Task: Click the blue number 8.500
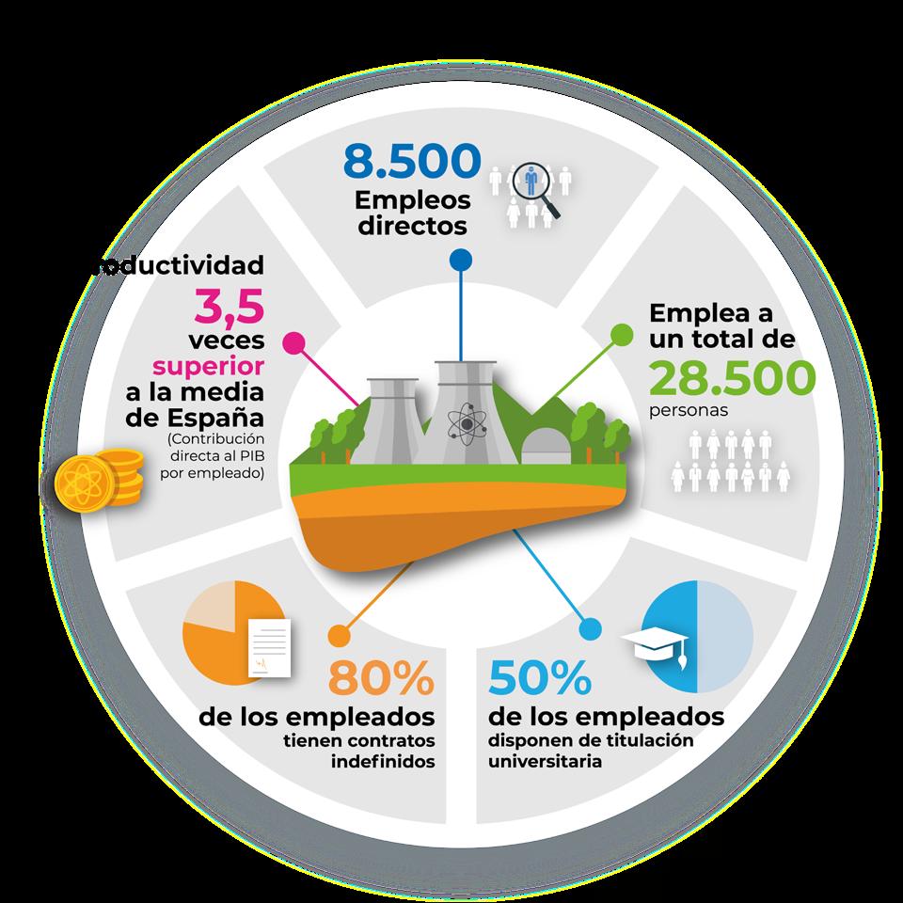click(x=412, y=161)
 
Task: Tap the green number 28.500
click(x=733, y=378)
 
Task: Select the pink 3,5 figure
click(x=230, y=306)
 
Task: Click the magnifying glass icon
click(x=538, y=187)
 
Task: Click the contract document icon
click(x=267, y=648)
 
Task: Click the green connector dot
click(x=621, y=334)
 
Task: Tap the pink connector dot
click(x=294, y=341)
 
